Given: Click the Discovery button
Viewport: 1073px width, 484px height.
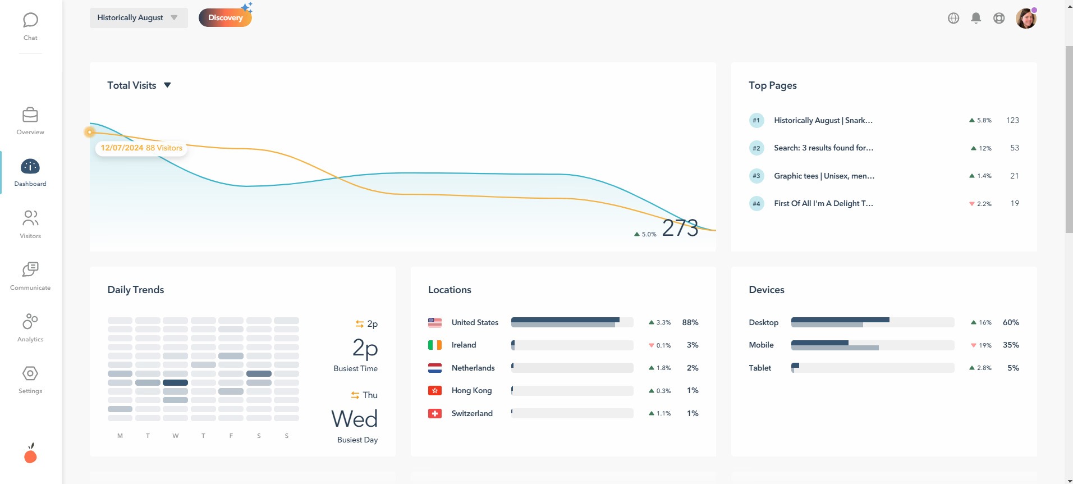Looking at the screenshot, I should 225,17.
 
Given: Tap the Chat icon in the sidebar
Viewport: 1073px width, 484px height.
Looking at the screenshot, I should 30,21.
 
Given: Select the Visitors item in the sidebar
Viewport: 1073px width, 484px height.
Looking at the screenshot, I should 30,223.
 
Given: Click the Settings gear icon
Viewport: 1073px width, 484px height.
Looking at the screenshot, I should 30,374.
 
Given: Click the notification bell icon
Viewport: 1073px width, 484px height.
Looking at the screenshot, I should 976,18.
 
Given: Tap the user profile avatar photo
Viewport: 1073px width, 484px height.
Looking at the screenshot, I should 1026,19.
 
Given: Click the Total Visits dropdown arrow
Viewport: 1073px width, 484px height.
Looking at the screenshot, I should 167,85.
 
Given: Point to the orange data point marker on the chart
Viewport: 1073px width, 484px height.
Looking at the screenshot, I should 90,132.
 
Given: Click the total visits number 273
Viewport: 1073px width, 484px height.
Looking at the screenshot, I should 680,228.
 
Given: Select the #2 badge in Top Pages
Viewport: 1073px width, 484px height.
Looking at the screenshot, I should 756,148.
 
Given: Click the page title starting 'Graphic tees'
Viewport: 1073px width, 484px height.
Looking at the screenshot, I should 824,176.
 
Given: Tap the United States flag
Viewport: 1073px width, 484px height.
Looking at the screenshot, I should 435,323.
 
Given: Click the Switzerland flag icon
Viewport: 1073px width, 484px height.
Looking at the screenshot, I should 435,413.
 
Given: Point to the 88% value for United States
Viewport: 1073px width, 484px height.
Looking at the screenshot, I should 690,322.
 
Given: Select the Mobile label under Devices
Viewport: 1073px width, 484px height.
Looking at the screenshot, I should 761,345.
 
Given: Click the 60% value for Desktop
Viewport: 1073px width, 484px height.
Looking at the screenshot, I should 1011,322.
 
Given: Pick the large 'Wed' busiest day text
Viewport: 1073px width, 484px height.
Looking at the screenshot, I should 355,419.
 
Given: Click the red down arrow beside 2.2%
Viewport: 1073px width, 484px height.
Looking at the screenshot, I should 972,204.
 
